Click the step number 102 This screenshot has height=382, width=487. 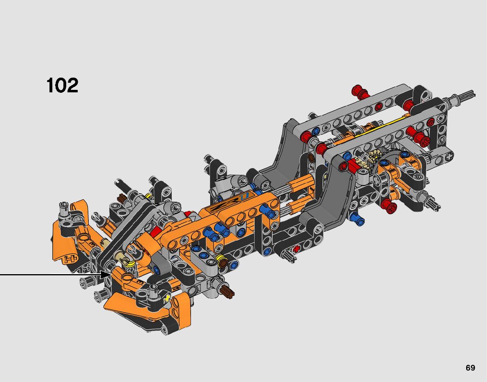click(62, 85)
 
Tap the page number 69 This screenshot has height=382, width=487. click(470, 368)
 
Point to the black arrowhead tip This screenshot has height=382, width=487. click(111, 275)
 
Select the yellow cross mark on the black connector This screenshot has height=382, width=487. click(167, 299)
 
